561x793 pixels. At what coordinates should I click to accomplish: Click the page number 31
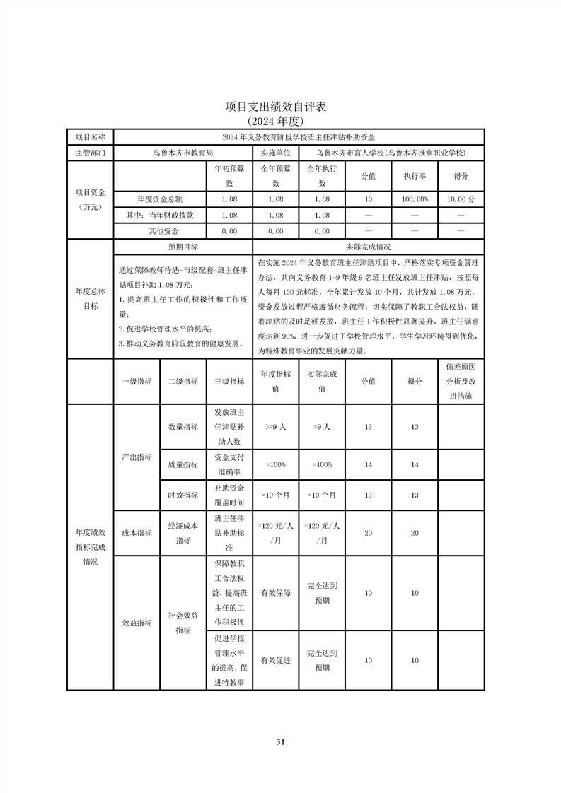click(x=280, y=741)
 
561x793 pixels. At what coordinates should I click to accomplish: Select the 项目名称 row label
click(x=90, y=136)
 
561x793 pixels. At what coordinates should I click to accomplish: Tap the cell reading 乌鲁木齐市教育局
click(x=183, y=152)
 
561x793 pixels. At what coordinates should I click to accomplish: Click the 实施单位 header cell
click(x=275, y=152)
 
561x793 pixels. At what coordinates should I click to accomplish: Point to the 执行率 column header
click(x=415, y=176)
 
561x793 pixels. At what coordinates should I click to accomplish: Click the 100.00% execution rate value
click(x=415, y=199)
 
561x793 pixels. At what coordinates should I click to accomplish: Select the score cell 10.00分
click(x=461, y=199)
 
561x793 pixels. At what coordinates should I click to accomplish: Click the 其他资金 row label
click(x=160, y=231)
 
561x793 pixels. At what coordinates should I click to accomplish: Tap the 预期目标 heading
click(x=183, y=247)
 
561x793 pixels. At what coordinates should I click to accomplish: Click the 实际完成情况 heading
click(x=368, y=247)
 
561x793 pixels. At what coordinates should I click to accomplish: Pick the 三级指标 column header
click(x=229, y=381)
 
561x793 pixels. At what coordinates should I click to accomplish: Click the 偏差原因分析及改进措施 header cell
click(x=461, y=382)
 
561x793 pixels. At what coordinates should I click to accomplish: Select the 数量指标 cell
click(x=183, y=427)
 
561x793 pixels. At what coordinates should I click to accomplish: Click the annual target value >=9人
click(x=275, y=427)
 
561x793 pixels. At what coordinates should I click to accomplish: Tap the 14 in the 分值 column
click(x=368, y=464)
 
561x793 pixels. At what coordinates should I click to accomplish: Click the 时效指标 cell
click(x=183, y=495)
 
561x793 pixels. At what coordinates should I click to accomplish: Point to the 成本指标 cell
click(x=137, y=533)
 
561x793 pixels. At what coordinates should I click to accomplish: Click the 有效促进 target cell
click(x=275, y=660)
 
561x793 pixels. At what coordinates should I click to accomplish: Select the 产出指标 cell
click(x=137, y=457)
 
